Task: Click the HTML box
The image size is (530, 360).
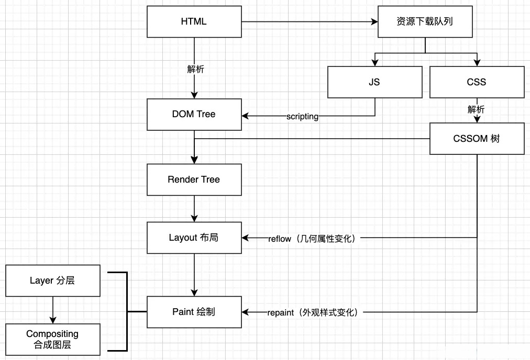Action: point(194,21)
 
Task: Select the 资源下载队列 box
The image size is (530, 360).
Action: point(424,21)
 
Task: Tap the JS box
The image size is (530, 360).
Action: point(374,82)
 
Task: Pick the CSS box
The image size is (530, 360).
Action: point(477,82)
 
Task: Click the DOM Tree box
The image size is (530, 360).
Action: point(194,115)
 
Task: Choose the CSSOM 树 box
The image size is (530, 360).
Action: point(477,139)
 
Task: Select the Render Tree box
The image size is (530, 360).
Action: point(194,179)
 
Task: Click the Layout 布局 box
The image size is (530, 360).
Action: point(194,238)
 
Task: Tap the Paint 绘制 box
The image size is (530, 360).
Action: point(194,312)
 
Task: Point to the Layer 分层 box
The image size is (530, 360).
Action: point(52,280)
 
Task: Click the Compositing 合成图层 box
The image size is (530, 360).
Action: point(52,339)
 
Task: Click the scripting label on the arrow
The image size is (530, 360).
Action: point(302,116)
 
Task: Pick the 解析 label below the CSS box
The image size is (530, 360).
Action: point(476,109)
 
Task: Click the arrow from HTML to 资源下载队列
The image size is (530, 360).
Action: point(309,22)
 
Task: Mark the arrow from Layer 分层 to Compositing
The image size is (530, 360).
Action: point(52,310)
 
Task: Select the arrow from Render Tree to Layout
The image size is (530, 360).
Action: point(194,208)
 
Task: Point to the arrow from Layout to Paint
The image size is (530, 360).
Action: point(194,275)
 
